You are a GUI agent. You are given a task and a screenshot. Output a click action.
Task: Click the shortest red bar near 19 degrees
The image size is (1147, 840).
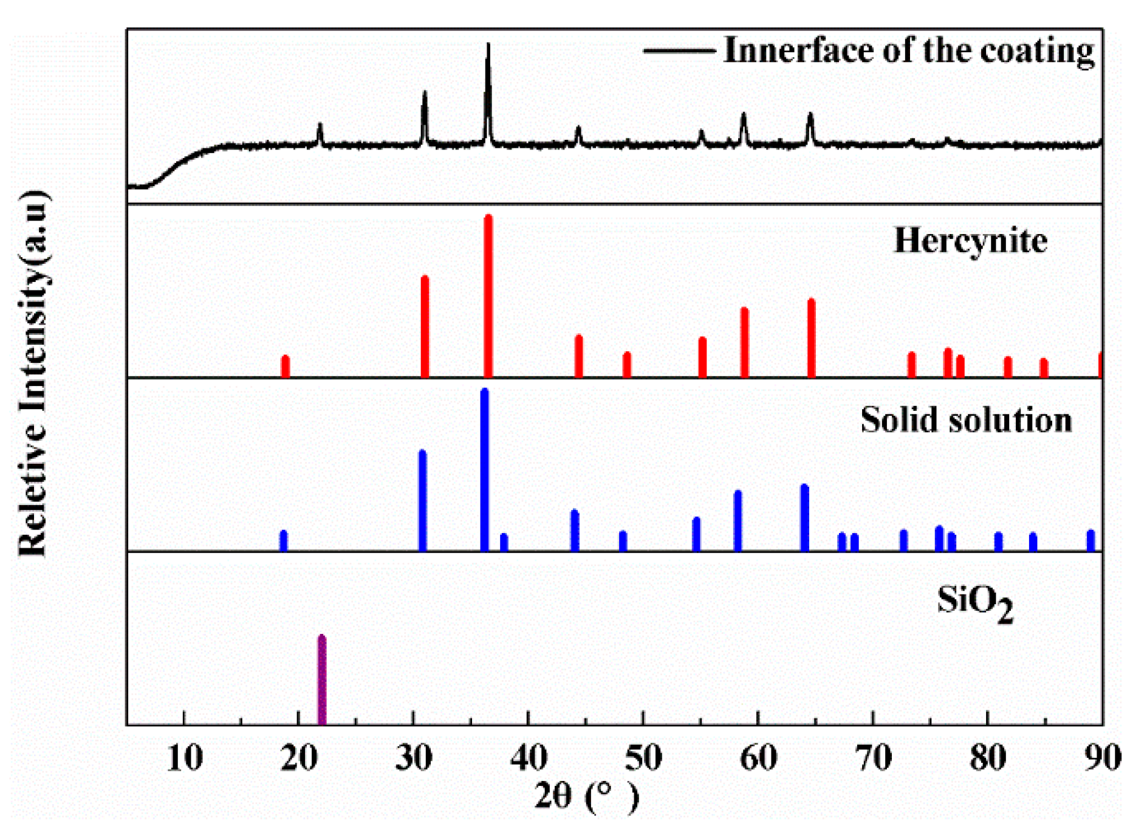[x=286, y=367]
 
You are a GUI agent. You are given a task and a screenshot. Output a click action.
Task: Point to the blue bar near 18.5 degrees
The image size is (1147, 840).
[x=284, y=540]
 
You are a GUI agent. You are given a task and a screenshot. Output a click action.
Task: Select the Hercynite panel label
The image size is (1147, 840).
[x=970, y=241]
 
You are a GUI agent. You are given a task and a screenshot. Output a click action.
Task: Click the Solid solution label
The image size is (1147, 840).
[x=966, y=420]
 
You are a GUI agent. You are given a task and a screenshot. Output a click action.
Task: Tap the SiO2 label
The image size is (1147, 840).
[x=974, y=603]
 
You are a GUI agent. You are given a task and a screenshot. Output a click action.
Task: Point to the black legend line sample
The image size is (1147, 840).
[x=679, y=51]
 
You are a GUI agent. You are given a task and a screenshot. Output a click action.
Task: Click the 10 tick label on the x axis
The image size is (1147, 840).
[x=184, y=758]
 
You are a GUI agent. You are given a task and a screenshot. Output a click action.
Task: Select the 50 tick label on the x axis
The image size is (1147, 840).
[x=643, y=758]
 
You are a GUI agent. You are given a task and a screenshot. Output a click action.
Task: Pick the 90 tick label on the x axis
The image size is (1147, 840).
[x=1102, y=758]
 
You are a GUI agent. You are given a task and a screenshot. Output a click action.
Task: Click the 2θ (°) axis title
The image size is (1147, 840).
[x=586, y=796]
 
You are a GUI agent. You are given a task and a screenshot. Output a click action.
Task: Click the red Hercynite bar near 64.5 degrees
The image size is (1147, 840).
[x=811, y=338]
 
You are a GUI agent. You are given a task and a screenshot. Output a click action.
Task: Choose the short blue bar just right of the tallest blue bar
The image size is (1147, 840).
[x=504, y=542]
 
